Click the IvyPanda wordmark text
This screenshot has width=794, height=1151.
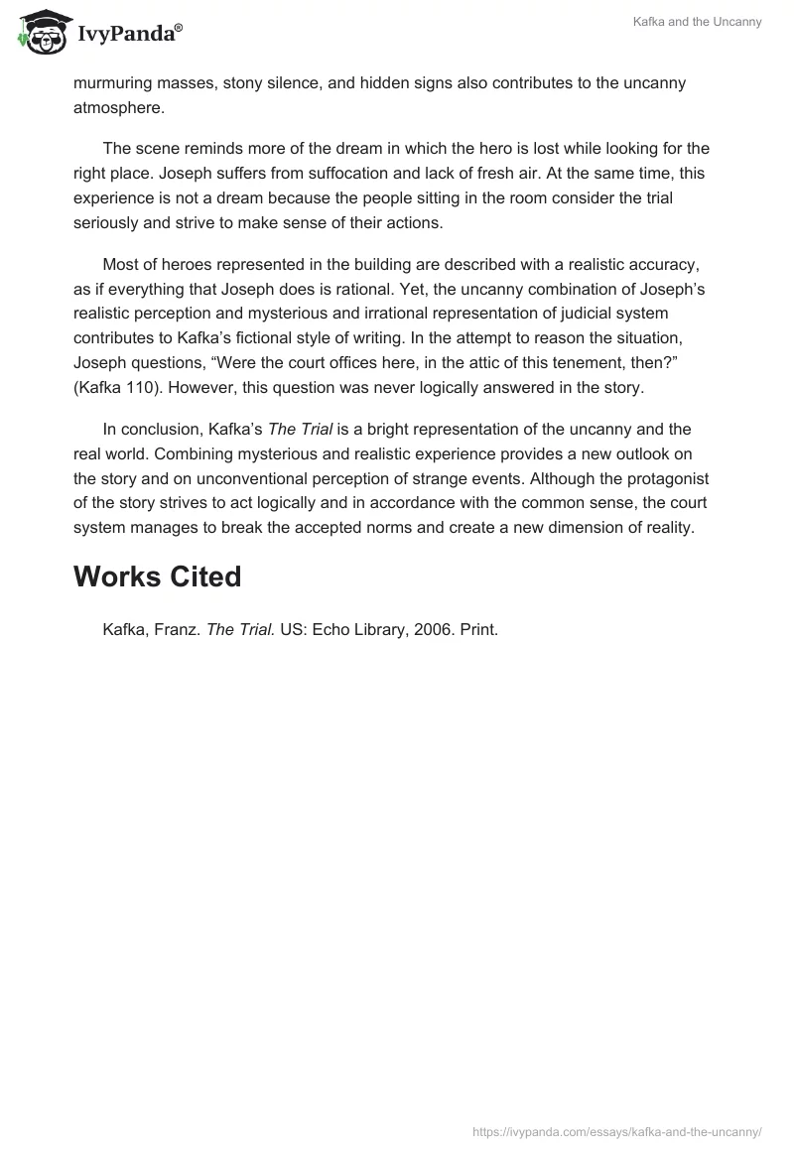point(129,34)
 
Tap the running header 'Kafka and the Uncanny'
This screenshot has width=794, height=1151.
point(697,22)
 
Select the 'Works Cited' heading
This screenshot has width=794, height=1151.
point(157,576)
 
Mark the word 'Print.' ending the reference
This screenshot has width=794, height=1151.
point(476,629)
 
